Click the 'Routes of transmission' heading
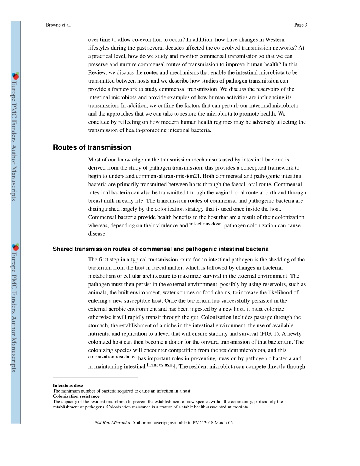coord(92,147)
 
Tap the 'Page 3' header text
coord(300,25)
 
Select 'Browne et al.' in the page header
coord(58,25)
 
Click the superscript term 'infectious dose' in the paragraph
coord(205,224)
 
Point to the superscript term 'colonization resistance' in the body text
coord(112,357)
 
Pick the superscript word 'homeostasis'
coord(159,365)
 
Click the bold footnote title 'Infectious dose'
coord(68,386)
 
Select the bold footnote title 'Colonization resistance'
coord(76,396)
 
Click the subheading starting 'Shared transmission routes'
coord(161,249)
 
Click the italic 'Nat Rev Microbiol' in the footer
coord(112,423)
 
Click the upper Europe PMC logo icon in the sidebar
coord(16,76)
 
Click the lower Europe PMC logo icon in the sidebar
coord(16,247)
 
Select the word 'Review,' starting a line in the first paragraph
coord(98,72)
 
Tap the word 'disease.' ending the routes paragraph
coord(97,234)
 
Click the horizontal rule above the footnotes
coord(95,378)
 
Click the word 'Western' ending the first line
coord(275,39)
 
